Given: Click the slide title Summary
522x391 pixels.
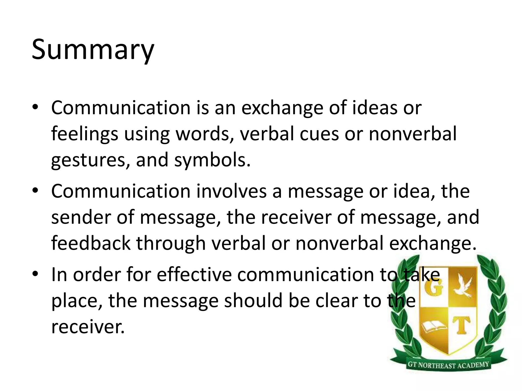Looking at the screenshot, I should pyautogui.click(x=93, y=50).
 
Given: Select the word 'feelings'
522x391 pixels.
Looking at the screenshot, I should pyautogui.click(x=85, y=134).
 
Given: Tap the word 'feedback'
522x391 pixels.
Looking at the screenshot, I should pyautogui.click(x=91, y=243).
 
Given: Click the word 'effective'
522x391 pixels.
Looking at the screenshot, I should pyautogui.click(x=194, y=275).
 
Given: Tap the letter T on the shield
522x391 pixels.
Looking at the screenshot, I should pyautogui.click(x=462, y=326).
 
